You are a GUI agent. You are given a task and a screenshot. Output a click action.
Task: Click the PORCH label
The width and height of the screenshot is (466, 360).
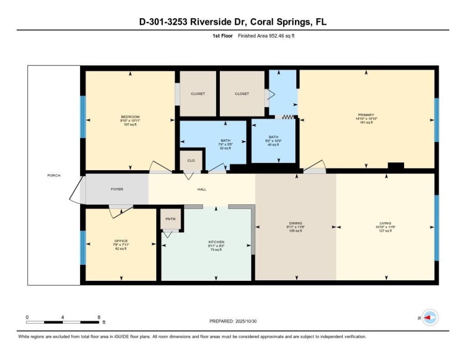coord(54,175)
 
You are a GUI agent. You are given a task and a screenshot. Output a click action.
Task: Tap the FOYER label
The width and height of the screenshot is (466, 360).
coord(117,189)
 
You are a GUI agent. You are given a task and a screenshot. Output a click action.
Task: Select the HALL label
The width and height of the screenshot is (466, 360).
coord(202,189)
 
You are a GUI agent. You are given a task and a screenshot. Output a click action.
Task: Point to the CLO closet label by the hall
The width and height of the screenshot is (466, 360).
coord(191,160)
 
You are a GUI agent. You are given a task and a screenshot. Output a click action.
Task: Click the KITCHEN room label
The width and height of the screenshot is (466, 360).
coord(216,242)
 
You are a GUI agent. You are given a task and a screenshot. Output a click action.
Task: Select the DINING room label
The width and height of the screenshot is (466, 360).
coord(295,223)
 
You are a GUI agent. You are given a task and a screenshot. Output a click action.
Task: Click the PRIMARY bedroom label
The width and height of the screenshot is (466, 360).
coord(366,114)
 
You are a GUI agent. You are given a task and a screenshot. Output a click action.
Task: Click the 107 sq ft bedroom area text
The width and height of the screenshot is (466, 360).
coord(130,125)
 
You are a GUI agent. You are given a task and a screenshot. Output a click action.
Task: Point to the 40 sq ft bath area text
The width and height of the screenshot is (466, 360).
coord(274,145)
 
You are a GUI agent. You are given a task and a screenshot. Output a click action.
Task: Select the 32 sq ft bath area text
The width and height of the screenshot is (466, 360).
coord(225,148)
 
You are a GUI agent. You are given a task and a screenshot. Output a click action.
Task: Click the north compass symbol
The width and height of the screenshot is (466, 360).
coord(429,318)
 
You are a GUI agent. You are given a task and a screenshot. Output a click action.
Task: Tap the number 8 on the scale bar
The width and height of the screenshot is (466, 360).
coord(99,317)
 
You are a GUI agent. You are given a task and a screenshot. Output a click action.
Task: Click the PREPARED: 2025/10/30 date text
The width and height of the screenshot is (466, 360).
coord(233,321)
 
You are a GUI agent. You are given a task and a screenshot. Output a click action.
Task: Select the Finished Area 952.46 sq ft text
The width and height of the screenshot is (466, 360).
coord(266,36)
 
